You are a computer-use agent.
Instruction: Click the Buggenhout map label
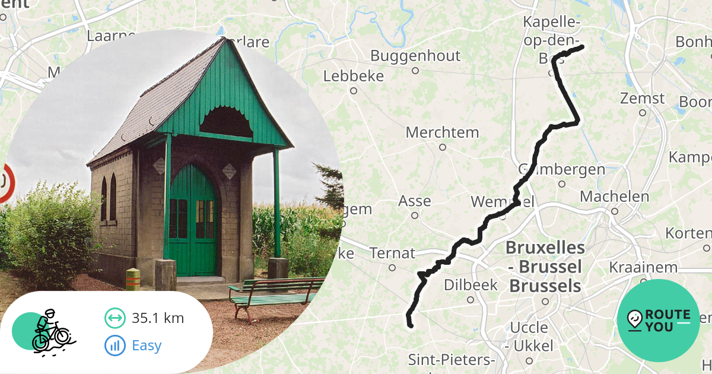tap(415, 56)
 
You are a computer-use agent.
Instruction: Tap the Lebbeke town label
tap(354, 77)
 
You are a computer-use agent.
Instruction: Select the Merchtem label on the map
tap(442, 132)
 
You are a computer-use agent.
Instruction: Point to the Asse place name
tap(414, 201)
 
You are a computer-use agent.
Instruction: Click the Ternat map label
tap(392, 253)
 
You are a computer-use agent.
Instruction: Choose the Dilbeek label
tap(471, 285)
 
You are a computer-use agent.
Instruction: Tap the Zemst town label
tap(643, 98)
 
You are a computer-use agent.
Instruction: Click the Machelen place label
tap(615, 196)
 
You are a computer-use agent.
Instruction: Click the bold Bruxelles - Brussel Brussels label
tap(545, 267)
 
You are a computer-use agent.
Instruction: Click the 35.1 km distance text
tap(158, 318)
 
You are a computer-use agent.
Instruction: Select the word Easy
tap(147, 345)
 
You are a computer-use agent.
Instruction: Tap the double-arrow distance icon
tap(115, 318)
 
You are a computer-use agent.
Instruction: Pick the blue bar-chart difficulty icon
tap(115, 345)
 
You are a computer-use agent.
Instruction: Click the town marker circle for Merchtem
tap(442, 147)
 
